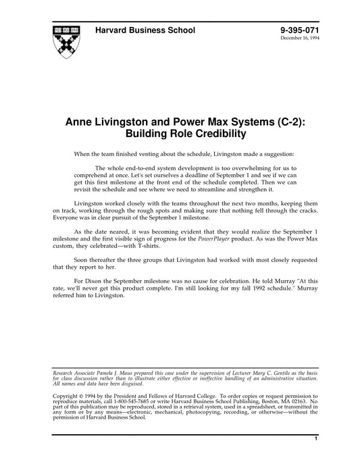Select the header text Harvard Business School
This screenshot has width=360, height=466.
click(145, 30)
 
